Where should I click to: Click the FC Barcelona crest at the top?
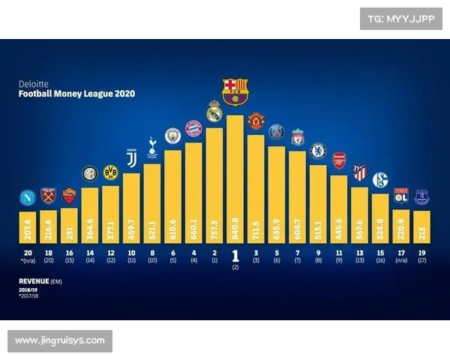coord(235,91)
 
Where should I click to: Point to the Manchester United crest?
coord(256,121)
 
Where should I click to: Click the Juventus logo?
coord(131,159)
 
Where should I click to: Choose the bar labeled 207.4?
coord(28,226)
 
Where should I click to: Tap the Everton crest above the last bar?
coord(421,197)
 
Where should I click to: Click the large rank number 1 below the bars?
coord(235,255)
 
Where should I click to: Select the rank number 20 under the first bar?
coord(28,253)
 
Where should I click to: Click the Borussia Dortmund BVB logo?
coord(111,172)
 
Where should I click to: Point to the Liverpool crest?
coord(297,137)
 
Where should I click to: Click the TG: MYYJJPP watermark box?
coord(400,19)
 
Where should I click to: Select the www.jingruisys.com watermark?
coord(60,341)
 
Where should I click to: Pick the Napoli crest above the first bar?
coord(28,198)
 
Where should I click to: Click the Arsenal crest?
coord(339,160)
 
